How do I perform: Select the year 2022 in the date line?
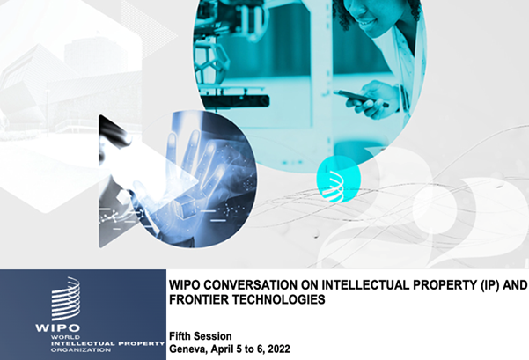tap(279, 349)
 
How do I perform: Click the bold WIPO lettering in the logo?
tap(58, 327)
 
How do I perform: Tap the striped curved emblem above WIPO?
tap(65, 298)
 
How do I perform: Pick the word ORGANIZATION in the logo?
tap(81, 350)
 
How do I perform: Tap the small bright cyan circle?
tap(338, 180)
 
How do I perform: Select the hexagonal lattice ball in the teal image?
tap(211, 62)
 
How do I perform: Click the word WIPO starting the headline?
tap(185, 285)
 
